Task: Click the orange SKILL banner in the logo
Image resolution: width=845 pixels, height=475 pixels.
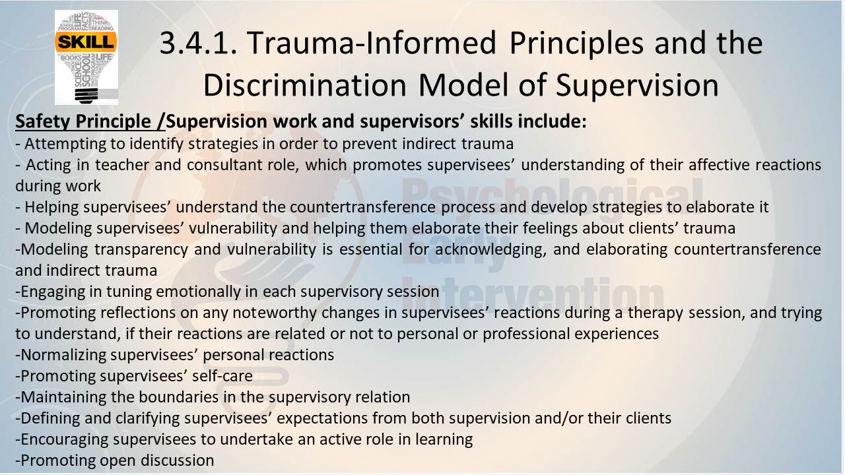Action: coord(86,42)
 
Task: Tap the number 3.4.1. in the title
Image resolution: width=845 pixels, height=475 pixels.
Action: coord(199,43)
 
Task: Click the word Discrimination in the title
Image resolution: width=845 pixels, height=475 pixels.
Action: coord(305,85)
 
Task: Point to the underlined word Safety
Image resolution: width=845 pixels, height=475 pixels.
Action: coord(42,122)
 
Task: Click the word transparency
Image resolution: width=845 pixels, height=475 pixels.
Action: coord(141,250)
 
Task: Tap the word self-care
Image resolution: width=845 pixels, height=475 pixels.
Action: coord(222,376)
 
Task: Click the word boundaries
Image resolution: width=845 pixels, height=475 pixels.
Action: coord(179,397)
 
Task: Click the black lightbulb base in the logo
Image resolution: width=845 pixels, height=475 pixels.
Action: coord(86,96)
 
